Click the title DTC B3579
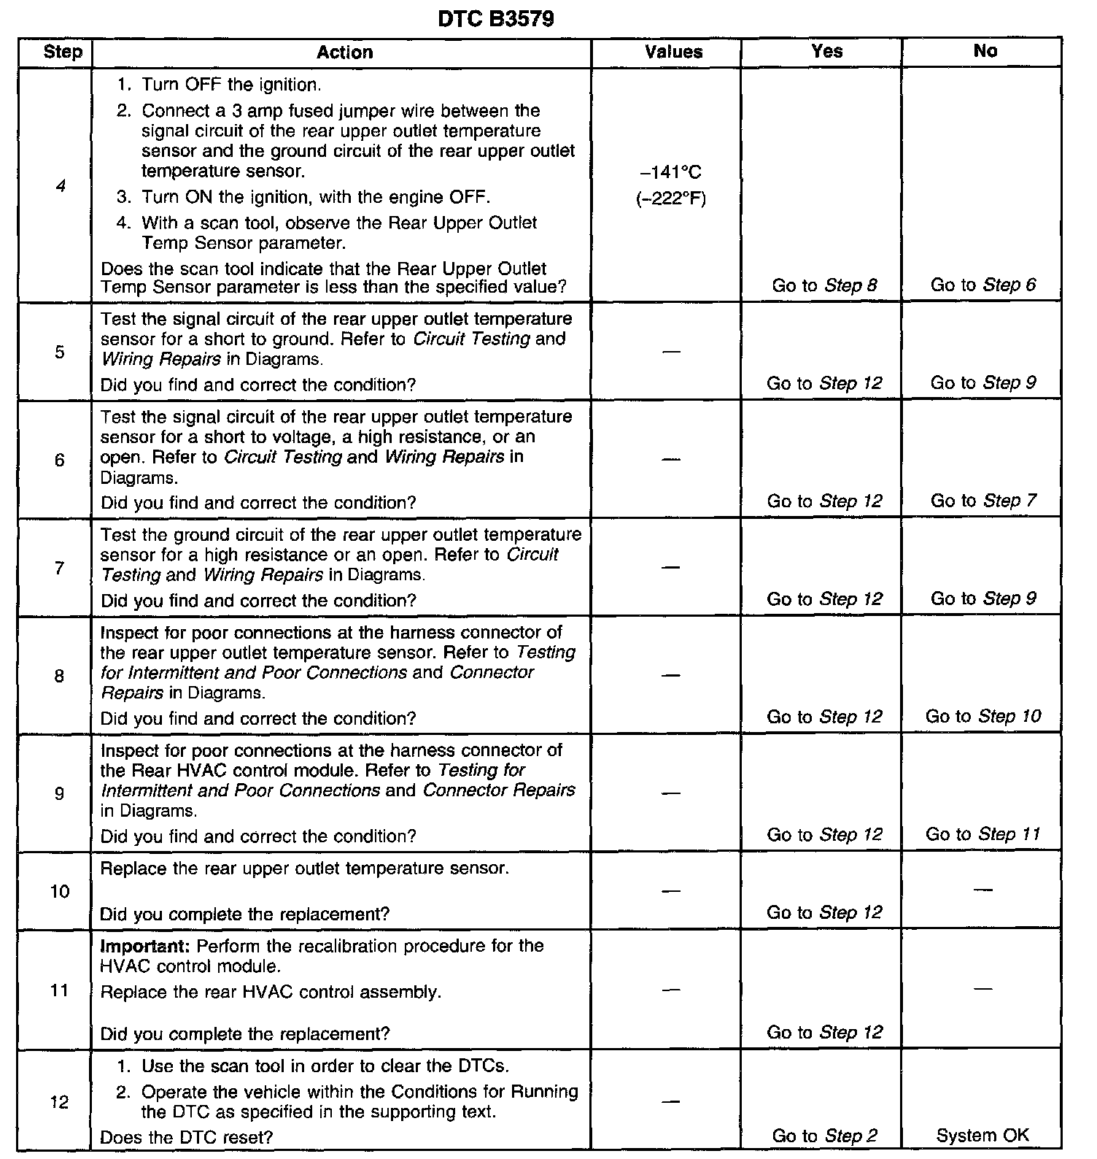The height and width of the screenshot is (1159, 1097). point(496,18)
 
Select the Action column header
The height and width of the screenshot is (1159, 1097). point(344,53)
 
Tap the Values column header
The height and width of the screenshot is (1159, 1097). point(673,53)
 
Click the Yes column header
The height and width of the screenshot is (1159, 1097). point(826,51)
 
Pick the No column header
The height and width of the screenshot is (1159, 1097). point(985,51)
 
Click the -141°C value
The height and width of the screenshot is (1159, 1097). point(670,172)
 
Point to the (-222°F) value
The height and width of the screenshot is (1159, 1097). point(670,199)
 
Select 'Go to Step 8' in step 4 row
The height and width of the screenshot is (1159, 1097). point(824,285)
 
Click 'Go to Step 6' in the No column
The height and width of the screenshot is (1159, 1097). point(982,285)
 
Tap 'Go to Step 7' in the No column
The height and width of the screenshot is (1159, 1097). point(982,501)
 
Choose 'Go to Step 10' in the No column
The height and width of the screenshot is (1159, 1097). point(982,716)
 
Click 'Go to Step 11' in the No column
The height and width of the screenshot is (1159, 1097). point(982,834)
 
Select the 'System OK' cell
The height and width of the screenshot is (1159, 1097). point(982,1135)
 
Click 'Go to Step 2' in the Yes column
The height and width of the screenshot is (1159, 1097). point(824,1136)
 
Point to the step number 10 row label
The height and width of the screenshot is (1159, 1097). point(60,891)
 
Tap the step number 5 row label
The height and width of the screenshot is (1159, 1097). point(60,353)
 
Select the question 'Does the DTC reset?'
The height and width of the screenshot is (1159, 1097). point(186,1137)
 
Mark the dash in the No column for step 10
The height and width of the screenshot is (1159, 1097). point(982,890)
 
